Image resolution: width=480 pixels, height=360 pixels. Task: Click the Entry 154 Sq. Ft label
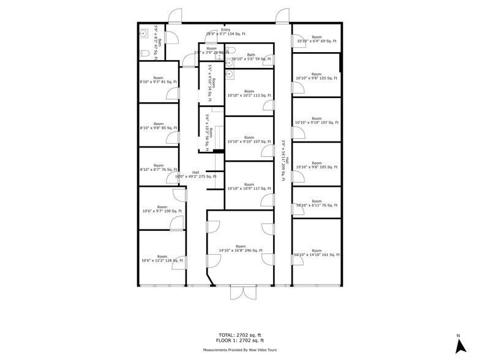(x=226, y=32)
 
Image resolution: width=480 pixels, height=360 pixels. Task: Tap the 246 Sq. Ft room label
(x=240, y=248)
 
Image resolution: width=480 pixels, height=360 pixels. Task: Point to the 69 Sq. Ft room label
(x=316, y=40)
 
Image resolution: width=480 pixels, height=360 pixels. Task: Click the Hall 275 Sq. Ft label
(x=195, y=174)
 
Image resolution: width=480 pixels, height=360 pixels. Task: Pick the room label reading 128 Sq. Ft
(x=162, y=258)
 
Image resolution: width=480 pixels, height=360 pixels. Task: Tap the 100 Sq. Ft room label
(x=162, y=209)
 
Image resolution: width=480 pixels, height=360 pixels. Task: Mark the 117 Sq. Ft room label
(x=249, y=186)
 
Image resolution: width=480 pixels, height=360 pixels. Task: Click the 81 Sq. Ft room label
(x=158, y=80)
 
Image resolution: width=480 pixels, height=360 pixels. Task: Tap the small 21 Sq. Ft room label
(x=212, y=50)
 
